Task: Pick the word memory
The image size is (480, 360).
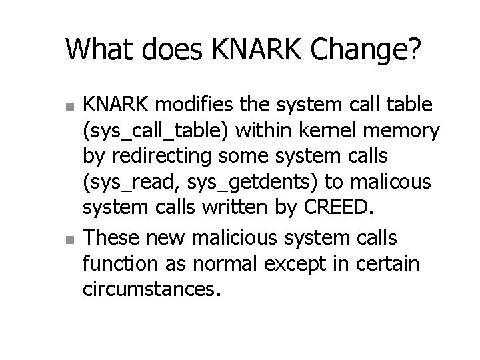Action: [x=407, y=133]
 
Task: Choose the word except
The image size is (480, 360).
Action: [x=300, y=263]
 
